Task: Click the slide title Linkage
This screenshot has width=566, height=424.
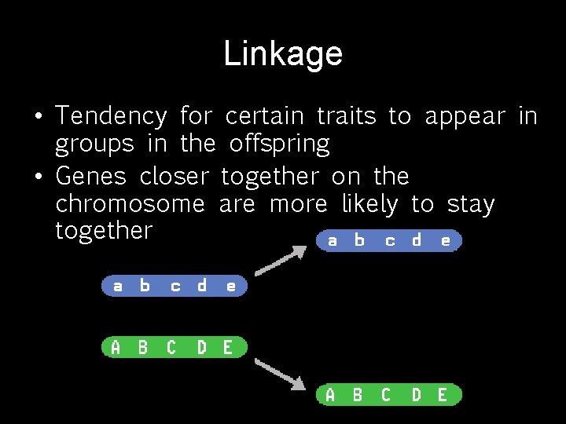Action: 283,54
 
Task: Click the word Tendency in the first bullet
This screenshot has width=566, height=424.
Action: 111,117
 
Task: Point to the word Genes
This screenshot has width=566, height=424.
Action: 91,176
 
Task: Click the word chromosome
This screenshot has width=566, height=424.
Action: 130,204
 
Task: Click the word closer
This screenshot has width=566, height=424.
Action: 175,176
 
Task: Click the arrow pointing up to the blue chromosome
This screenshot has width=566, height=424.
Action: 281,260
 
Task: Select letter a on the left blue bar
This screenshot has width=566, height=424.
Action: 117,286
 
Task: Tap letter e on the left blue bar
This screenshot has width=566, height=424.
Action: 230,286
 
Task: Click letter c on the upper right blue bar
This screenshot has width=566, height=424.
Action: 390,240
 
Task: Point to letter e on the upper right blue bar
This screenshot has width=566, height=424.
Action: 446,240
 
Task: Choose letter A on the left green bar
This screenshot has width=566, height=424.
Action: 116,347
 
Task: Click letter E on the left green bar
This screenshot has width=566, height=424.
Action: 228,347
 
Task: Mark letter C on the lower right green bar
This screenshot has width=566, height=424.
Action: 385,395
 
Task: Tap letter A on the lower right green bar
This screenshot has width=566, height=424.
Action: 330,395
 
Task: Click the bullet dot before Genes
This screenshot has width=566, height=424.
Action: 38,177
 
